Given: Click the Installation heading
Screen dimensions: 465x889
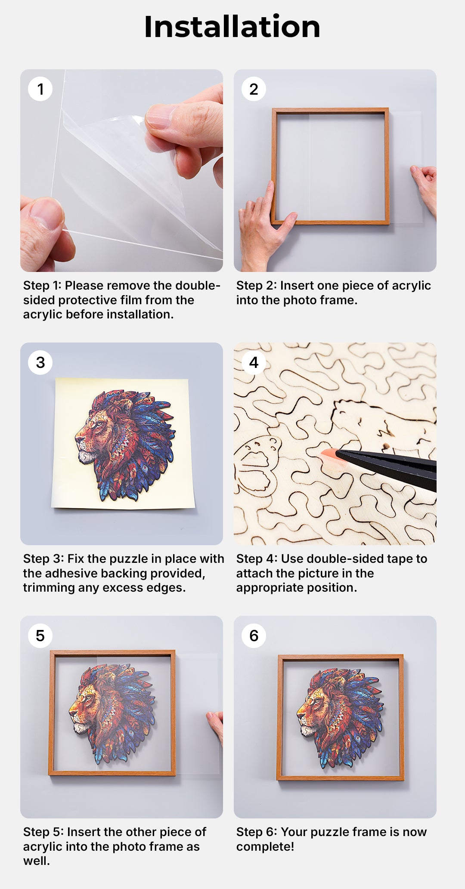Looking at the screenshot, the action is coord(232,27).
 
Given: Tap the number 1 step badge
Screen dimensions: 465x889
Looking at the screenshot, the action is coord(40,89).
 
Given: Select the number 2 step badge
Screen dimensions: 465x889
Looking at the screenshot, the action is coord(254,89).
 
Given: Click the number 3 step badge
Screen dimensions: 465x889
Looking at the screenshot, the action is coord(40,362).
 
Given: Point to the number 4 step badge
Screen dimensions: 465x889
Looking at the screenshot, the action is coord(254,362).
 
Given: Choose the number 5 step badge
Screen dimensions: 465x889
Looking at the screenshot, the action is coord(40,636).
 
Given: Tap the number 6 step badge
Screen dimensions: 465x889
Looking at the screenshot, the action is coord(254,636).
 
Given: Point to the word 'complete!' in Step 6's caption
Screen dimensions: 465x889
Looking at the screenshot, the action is coord(265,846).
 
